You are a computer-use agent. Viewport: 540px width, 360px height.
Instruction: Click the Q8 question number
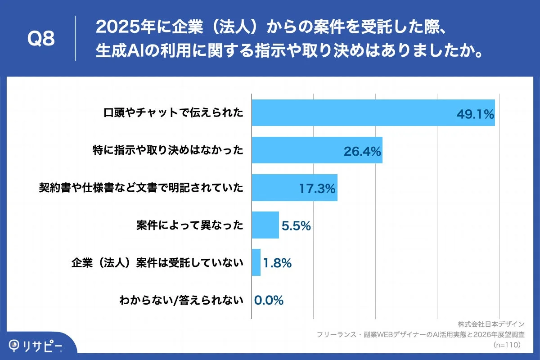tap(41, 39)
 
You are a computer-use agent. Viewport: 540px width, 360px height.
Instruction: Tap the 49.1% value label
tap(475, 115)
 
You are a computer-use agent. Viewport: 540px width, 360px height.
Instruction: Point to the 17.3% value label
tap(317, 189)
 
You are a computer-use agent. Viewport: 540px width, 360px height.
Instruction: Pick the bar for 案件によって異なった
tap(265, 225)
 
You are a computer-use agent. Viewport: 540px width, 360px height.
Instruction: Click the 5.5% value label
tap(296, 226)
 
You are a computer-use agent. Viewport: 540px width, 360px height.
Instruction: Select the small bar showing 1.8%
tap(256, 262)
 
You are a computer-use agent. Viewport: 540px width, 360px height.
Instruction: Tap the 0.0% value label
tap(269, 300)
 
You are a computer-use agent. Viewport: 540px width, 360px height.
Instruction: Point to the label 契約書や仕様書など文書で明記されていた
tap(141, 188)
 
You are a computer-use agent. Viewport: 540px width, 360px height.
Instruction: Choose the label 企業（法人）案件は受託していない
tap(157, 262)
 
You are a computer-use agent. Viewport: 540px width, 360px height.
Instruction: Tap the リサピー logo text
tap(43, 345)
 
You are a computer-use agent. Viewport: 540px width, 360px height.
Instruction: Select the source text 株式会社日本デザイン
tap(491, 324)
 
